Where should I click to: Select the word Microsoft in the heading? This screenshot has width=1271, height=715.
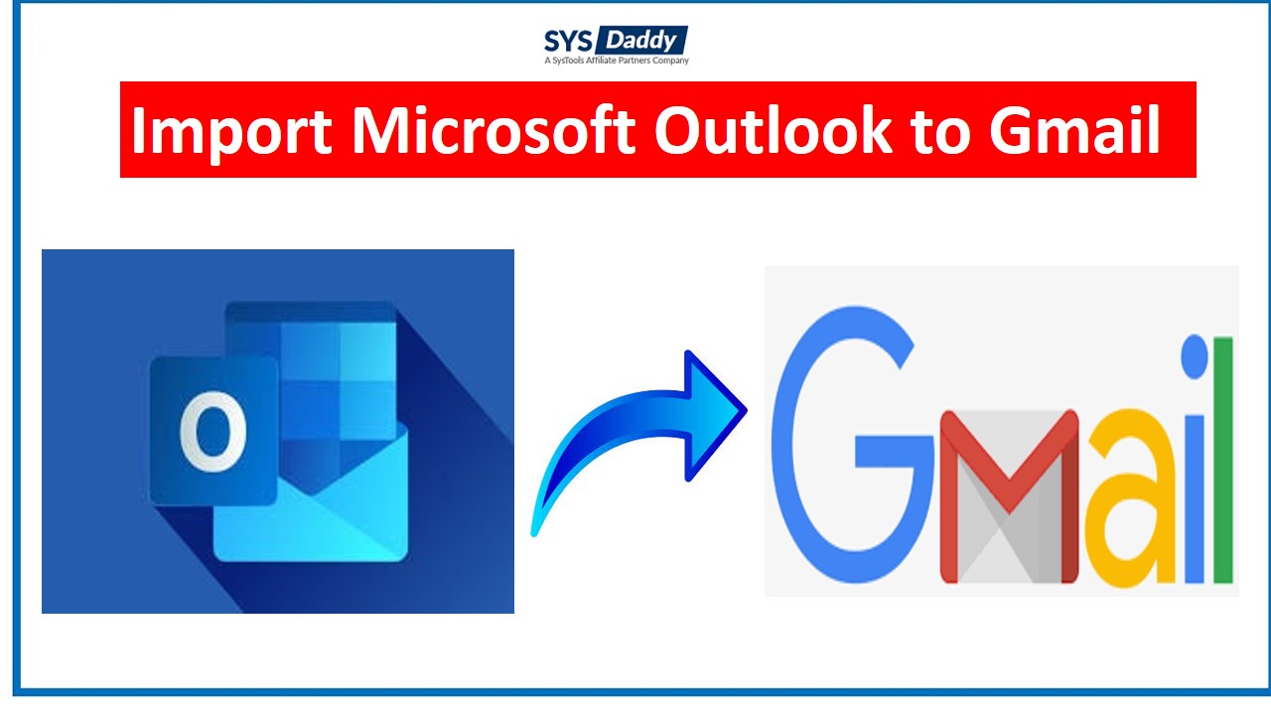tap(494, 130)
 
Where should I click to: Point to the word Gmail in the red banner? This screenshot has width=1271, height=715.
tap(1074, 130)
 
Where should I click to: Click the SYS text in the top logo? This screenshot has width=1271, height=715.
tap(568, 41)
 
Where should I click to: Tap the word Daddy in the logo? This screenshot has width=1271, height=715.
tap(640, 41)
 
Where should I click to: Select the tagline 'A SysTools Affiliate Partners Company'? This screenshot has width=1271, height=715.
tap(617, 61)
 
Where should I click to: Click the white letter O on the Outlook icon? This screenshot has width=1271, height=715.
tap(213, 431)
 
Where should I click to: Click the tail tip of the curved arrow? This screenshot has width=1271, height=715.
tap(534, 532)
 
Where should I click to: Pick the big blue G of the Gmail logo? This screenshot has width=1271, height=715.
tap(851, 444)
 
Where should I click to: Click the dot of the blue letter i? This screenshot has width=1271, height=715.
tap(1195, 357)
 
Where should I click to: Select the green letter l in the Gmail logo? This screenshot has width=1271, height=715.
tap(1223, 460)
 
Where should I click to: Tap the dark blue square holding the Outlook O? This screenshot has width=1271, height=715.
tap(213, 431)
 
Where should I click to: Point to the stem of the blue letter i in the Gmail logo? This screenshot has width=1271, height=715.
tap(1195, 500)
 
